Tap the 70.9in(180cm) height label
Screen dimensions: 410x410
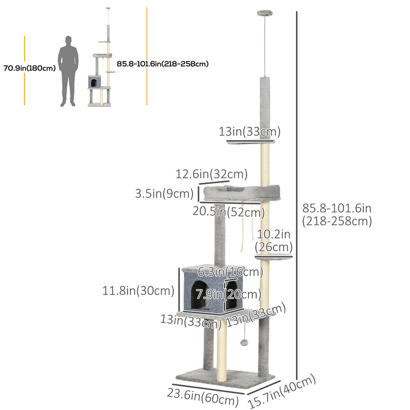point(30,68)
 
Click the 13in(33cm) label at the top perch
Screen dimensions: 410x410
point(248,132)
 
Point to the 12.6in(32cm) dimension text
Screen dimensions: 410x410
point(211,173)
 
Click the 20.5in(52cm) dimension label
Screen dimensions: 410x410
point(229,212)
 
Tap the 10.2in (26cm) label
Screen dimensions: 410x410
point(274,240)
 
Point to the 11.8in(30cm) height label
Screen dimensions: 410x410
point(138,291)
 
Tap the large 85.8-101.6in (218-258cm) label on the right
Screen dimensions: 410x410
point(337,215)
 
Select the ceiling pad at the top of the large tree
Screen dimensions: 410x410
point(265,12)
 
